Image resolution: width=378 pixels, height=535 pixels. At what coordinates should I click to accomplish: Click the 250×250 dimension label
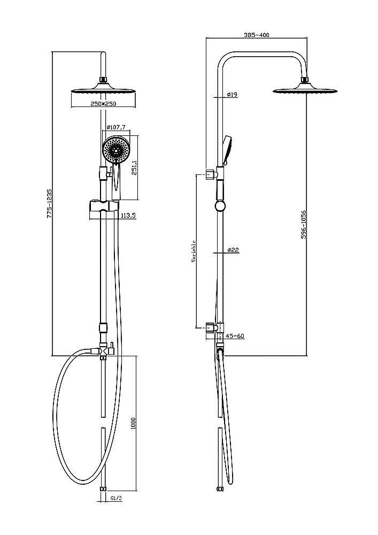(103, 104)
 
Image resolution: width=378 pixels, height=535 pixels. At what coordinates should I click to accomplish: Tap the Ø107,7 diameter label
(116, 127)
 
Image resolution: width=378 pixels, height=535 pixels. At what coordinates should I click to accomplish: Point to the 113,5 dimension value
(128, 216)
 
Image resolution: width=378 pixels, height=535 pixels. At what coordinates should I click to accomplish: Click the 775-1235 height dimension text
(49, 203)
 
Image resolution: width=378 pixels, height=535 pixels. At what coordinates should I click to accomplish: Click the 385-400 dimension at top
(256, 35)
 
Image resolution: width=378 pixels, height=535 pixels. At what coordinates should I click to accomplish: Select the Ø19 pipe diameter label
(232, 94)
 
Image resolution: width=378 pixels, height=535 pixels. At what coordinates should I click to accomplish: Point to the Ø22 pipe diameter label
(232, 250)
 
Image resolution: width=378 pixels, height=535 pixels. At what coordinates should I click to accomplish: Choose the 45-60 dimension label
(235, 336)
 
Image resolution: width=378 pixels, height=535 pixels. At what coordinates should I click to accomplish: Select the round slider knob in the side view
(219, 207)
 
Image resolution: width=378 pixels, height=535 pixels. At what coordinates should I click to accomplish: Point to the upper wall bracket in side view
(210, 173)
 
